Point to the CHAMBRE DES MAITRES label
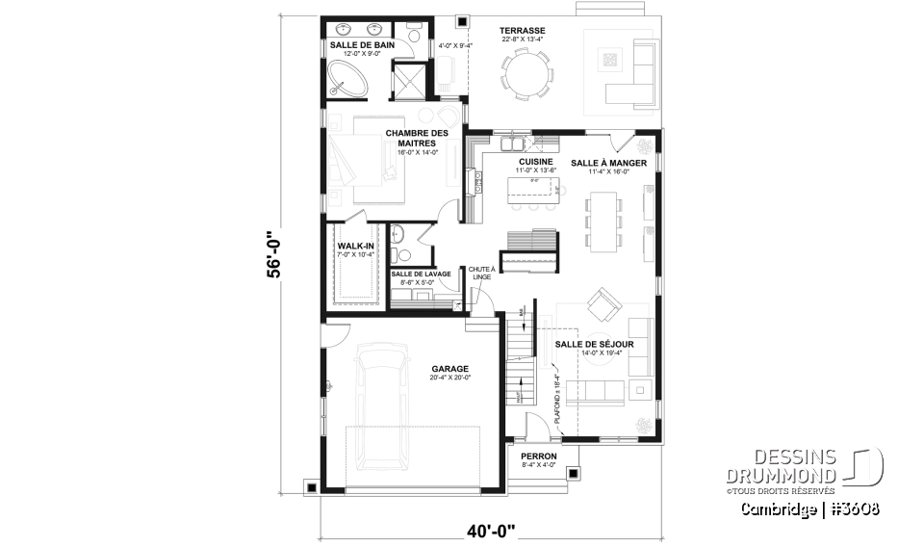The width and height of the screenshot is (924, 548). click(417, 138)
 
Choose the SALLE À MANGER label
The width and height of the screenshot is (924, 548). click(606, 163)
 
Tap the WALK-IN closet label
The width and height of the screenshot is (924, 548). click(355, 246)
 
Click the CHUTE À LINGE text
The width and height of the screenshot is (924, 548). click(481, 273)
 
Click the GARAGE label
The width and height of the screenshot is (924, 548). click(449, 368)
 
